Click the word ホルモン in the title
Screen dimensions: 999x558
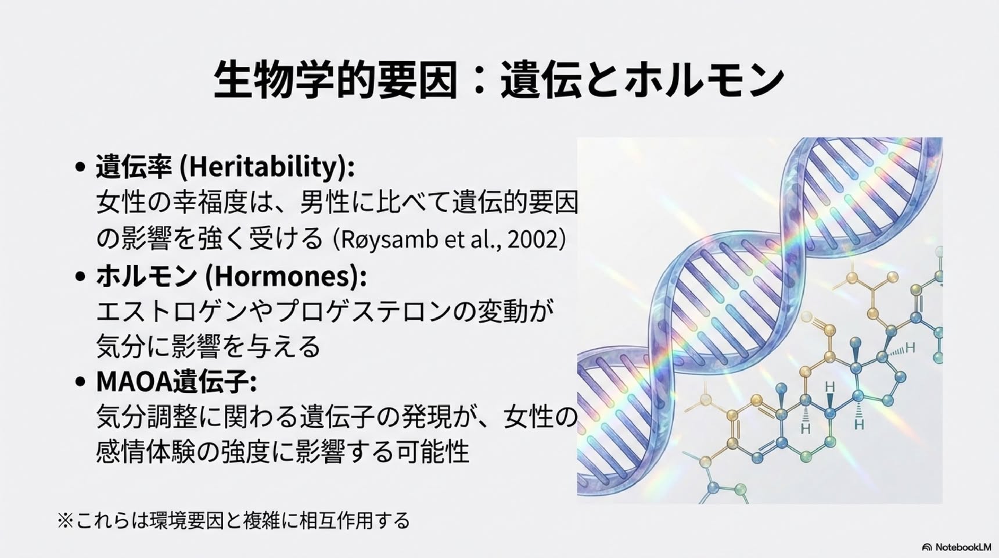[x=705, y=79]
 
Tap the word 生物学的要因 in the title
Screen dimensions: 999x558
[x=335, y=79]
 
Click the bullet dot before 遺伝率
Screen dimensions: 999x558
[x=81, y=167]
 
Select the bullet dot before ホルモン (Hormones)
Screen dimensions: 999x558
[x=81, y=276]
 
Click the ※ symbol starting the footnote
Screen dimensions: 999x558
[x=66, y=520]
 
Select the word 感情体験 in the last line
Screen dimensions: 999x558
[x=146, y=451]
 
